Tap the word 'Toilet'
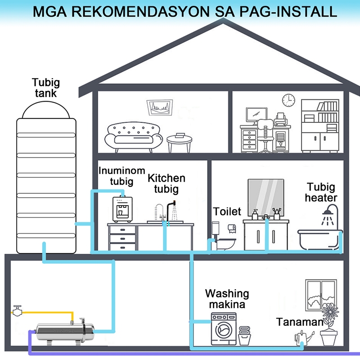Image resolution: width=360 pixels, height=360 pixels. (x=227, y=211)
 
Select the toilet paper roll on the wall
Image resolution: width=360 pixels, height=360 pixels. (x=232, y=228)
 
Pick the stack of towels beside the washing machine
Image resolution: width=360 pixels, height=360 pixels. (x=244, y=336)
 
